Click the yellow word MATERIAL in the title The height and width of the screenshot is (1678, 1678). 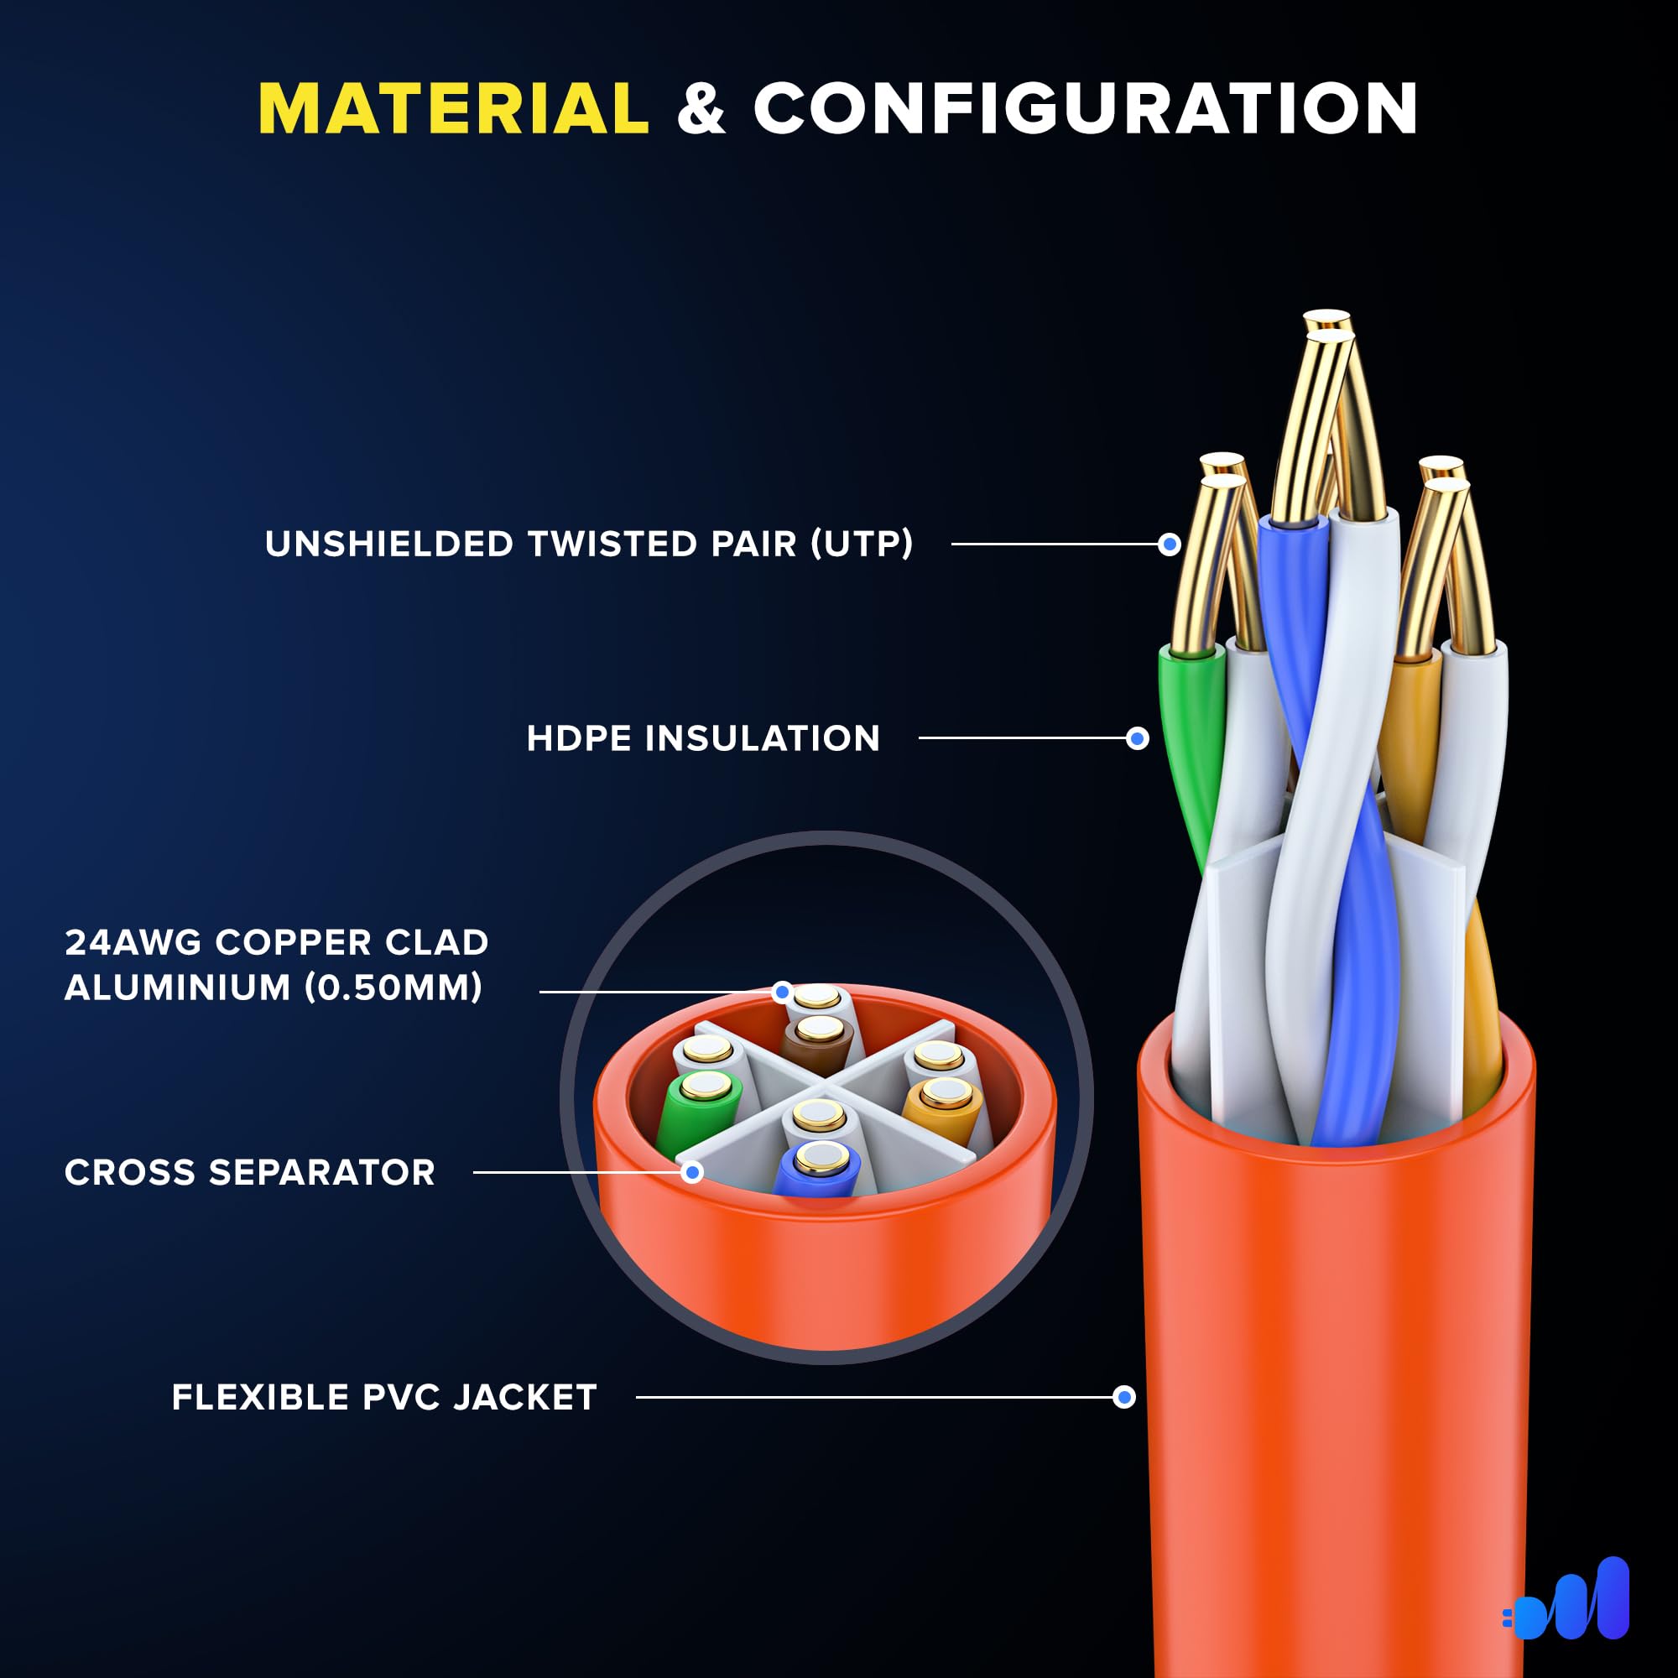coord(453,109)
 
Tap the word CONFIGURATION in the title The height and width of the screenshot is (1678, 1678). coord(1086,109)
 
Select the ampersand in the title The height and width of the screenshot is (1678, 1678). coord(701,109)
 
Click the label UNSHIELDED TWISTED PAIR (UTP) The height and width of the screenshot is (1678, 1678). coord(589,545)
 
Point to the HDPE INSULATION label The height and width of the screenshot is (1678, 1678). coord(704,739)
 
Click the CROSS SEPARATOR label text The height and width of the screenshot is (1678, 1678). coord(250,1173)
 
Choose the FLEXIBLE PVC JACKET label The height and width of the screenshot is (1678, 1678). coord(384,1398)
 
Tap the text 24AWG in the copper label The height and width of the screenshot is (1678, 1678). coord(132,942)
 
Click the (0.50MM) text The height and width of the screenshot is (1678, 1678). coord(393,988)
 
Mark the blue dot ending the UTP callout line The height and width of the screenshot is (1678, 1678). coord(1170,545)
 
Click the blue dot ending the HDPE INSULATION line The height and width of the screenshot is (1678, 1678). coord(1138,739)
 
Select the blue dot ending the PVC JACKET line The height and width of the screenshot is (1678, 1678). coord(1125,1398)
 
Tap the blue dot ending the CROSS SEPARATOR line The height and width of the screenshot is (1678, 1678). coord(692,1174)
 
